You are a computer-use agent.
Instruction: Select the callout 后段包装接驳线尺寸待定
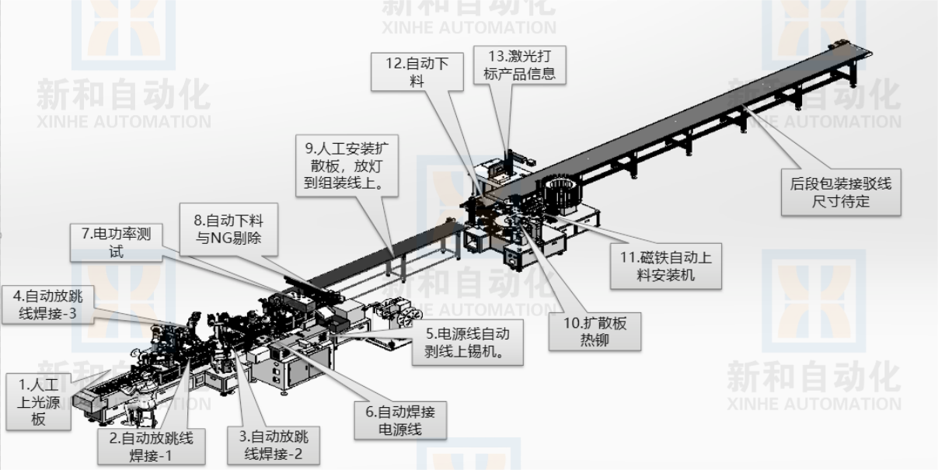coord(840,192)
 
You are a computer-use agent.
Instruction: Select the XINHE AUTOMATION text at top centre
coord(469,26)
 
